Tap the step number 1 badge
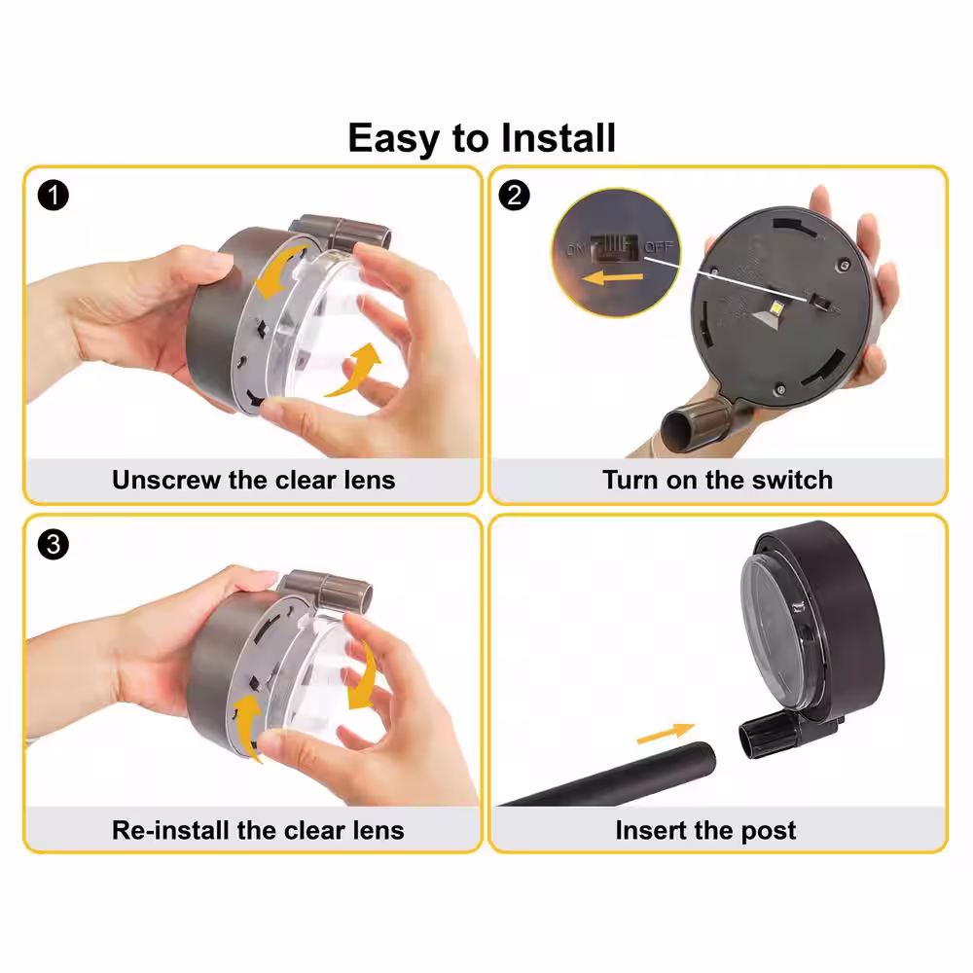(54, 196)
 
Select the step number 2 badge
(515, 196)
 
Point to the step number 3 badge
(54, 544)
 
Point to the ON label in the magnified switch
(575, 250)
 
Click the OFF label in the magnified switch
(659, 247)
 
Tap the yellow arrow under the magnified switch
(612, 277)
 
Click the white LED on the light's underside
(775, 306)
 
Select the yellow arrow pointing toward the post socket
(666, 733)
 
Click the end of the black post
(702, 758)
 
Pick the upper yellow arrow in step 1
(279, 271)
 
